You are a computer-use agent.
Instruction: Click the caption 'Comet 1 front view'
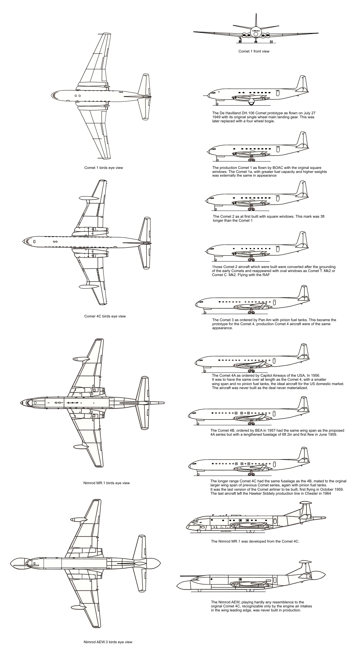254,51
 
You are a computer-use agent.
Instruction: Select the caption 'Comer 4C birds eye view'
105,316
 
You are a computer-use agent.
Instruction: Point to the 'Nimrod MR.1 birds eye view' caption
106,483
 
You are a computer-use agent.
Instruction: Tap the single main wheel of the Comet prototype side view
251,101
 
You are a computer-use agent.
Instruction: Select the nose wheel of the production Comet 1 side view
217,160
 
